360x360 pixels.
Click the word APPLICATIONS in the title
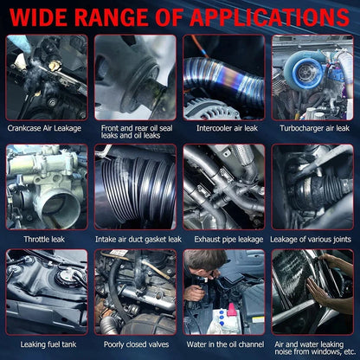click(270, 17)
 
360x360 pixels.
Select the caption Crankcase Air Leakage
click(44, 128)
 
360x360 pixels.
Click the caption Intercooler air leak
click(227, 128)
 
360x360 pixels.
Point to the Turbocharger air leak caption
click(314, 128)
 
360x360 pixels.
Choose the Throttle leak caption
click(44, 239)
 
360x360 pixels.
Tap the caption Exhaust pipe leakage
click(228, 240)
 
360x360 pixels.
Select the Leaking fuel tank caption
click(48, 344)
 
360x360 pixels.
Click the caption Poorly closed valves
click(137, 344)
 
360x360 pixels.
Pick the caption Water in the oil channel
click(225, 344)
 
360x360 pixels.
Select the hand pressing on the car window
click(317, 292)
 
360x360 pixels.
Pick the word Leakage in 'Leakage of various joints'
click(283, 240)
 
